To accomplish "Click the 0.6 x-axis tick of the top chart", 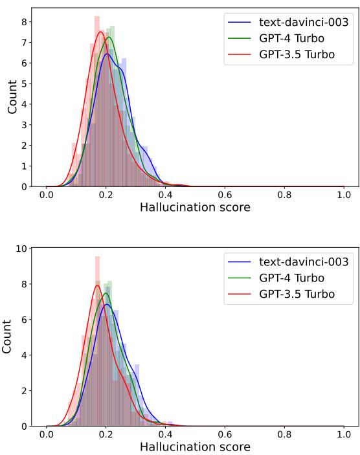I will (x=225, y=195).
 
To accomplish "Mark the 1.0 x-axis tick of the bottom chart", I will (x=344, y=434).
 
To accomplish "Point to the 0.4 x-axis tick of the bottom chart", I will (x=165, y=434).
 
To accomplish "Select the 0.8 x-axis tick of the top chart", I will (x=284, y=195).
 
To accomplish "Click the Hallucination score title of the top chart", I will (x=195, y=208).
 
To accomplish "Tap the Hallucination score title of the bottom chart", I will (x=195, y=447).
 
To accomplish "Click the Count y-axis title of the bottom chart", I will (x=7, y=337).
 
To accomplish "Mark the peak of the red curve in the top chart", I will (x=100, y=32).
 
